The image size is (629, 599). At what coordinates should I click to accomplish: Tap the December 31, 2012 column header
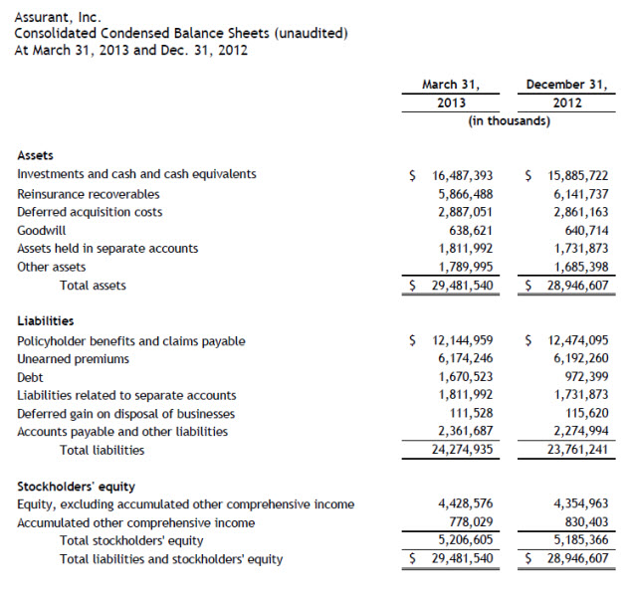[x=568, y=94]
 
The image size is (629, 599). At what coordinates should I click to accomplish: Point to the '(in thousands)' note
[x=510, y=121]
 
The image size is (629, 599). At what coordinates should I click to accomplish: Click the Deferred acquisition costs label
[x=90, y=212]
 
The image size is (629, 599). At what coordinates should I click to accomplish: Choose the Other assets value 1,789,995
[x=465, y=267]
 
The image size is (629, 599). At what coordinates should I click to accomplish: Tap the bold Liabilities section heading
[x=46, y=320]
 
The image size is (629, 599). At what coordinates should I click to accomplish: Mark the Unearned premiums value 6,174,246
[x=465, y=359]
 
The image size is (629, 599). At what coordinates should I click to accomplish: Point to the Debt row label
[x=30, y=378]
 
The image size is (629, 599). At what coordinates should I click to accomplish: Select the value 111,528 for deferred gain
[x=471, y=414]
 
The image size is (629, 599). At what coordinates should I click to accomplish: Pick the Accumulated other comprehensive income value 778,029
[x=471, y=522]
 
